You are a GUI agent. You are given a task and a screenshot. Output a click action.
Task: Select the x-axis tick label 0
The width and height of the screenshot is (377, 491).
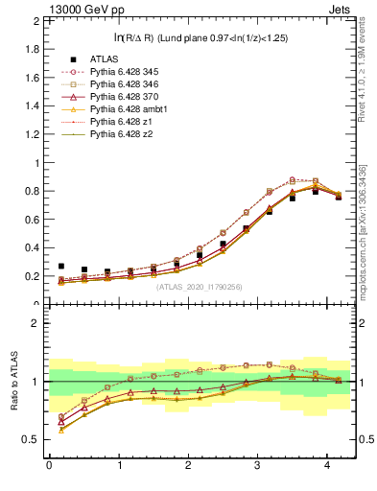48,466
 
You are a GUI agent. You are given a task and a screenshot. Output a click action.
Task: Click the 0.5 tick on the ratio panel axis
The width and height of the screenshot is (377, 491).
31,440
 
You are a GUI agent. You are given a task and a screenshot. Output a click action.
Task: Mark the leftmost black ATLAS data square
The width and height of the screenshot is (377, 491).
60,267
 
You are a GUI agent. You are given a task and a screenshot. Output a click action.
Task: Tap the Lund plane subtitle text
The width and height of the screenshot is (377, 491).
200,37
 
